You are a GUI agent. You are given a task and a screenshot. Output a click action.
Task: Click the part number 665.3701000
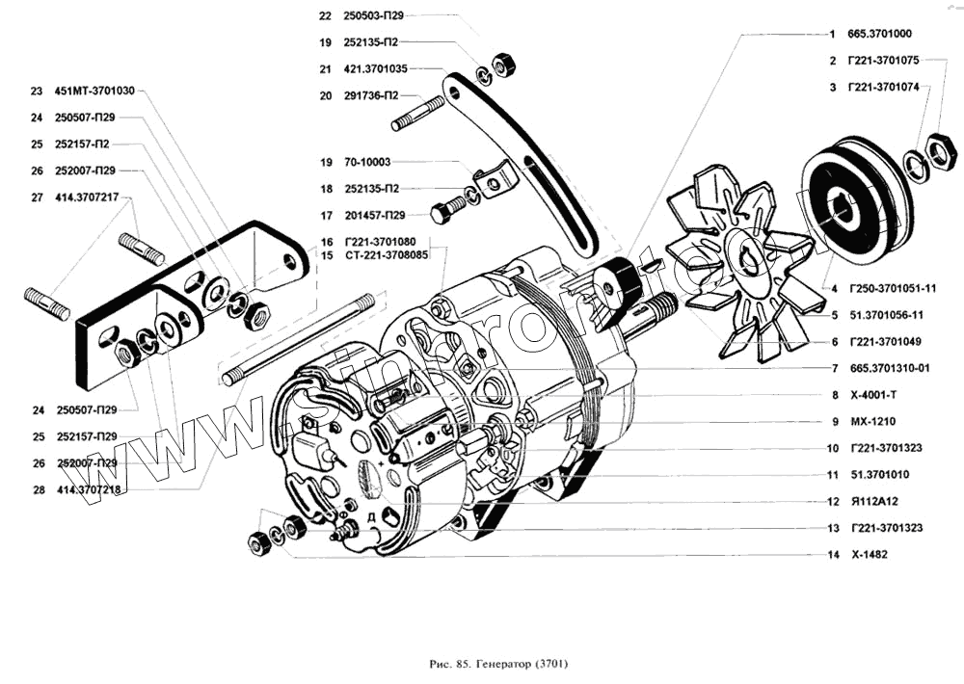[886, 34]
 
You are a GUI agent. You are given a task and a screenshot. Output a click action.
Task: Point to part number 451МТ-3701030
[94, 92]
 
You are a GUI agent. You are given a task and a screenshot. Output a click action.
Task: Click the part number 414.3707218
[91, 489]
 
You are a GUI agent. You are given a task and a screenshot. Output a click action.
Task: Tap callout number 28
[38, 489]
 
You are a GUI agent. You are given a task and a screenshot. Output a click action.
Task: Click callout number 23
[37, 92]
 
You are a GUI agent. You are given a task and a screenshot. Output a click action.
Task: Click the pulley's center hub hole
[845, 211]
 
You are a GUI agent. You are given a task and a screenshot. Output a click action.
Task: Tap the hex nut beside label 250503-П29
[504, 65]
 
